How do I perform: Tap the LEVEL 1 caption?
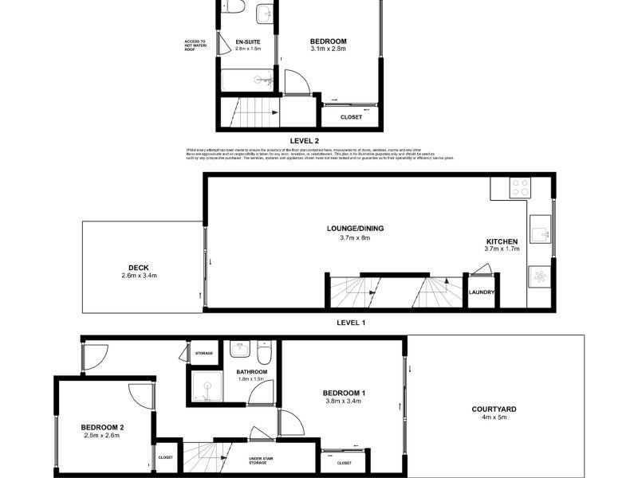tap(351, 322)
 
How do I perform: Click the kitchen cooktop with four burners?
tap(520, 188)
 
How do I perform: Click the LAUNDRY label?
tap(482, 292)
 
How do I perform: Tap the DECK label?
tap(139, 267)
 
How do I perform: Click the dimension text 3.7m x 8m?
tap(355, 237)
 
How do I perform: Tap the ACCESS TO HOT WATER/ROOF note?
tap(195, 45)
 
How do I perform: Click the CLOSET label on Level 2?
tap(351, 117)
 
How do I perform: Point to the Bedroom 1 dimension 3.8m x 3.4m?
tap(344, 402)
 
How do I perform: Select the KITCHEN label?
tap(502, 241)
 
